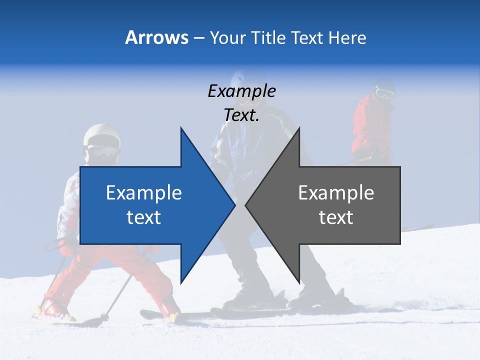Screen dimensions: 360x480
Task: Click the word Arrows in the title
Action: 156,37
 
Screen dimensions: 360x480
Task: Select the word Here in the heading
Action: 347,37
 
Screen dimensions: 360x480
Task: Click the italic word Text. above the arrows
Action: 241,115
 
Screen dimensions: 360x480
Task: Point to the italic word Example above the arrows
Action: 241,91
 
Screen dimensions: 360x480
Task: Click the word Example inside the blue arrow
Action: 143,193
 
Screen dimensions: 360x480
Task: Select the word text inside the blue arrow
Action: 143,217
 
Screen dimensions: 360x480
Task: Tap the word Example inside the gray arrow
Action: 336,193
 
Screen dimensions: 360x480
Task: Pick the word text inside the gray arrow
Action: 336,217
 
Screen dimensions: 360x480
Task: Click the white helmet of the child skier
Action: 101,136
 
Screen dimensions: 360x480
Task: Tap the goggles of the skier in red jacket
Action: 383,92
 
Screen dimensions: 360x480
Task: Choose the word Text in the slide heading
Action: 307,37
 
